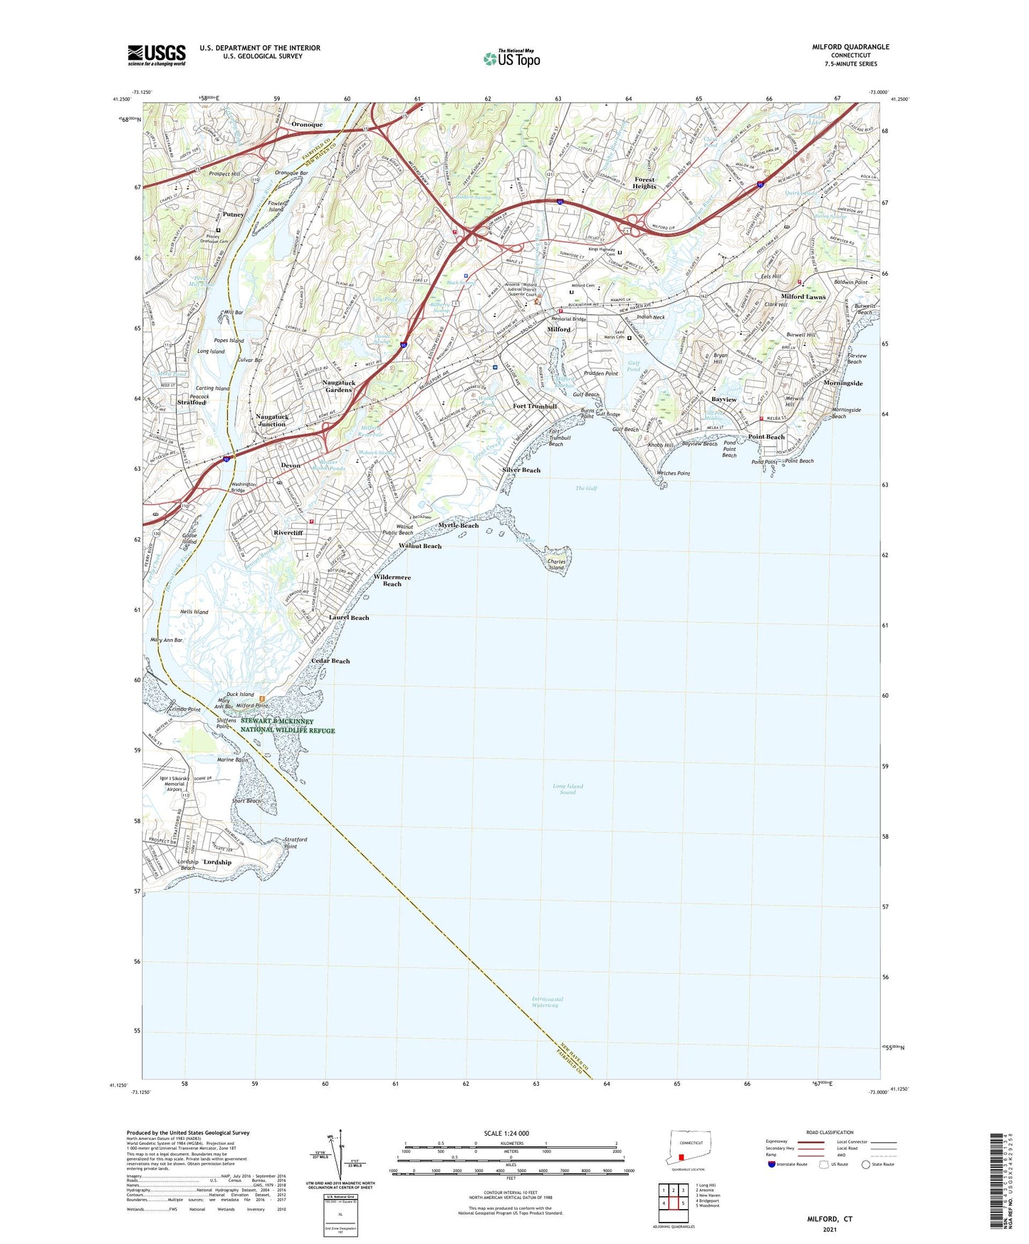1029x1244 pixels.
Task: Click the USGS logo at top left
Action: (x=157, y=55)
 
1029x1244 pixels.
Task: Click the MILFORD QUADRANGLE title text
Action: (x=850, y=47)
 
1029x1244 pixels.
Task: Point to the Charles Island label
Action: (x=556, y=564)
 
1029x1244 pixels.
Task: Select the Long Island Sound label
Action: (x=568, y=789)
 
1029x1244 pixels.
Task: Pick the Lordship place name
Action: (x=217, y=862)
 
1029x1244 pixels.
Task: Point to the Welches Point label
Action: (x=673, y=473)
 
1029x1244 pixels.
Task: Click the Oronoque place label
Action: (x=307, y=124)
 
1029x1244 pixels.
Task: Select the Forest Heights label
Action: (x=644, y=182)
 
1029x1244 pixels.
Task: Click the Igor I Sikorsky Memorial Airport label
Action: (x=174, y=784)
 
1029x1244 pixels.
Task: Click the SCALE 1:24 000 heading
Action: (x=506, y=1133)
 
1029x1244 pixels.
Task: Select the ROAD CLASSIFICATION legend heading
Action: (x=830, y=1132)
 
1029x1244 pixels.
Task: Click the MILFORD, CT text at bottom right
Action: (x=830, y=1219)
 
